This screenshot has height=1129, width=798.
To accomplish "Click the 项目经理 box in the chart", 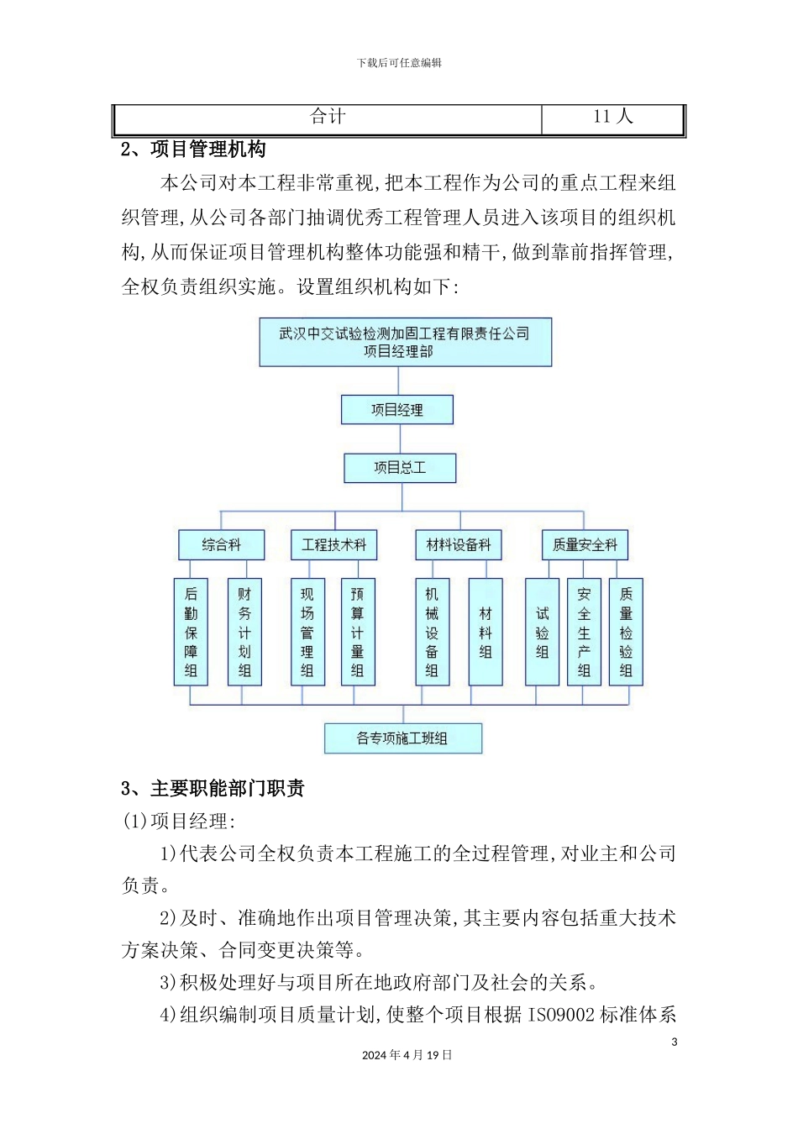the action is pos(396,410).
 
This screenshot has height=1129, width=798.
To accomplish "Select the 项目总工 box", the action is pos(400,468).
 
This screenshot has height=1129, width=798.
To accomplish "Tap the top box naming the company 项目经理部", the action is pos(405,342).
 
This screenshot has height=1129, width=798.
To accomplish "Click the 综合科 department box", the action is pos(221,545).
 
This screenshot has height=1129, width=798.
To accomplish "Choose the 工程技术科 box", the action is pos(333,545).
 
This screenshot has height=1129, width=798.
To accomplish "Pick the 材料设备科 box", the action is pos(459,545).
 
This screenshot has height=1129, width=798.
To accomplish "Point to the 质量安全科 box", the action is pos(585,545).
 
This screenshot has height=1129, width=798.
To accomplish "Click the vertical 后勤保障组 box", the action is pos(191,632).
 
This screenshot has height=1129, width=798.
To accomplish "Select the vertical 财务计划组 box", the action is pos(244,632).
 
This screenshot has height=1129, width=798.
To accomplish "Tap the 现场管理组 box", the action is pos(307,632).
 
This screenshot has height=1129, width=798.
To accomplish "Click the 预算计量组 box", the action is pos(358,632).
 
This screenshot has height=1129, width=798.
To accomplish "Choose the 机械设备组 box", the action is pos(432,632).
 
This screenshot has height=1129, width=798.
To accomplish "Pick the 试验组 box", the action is pos(542,632).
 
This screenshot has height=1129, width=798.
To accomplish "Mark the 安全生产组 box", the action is pos(584,632).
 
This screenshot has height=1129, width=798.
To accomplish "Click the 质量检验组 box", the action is pos(626,632).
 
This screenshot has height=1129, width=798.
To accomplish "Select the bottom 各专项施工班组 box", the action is pos(403,738).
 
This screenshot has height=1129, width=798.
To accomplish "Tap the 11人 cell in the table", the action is pos(612,118).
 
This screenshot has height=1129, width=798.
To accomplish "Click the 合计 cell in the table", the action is pos(328,118).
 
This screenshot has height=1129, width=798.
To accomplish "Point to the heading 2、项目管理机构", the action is pos(193,150).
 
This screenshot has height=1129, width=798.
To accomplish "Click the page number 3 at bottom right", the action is pos(674,1042).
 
